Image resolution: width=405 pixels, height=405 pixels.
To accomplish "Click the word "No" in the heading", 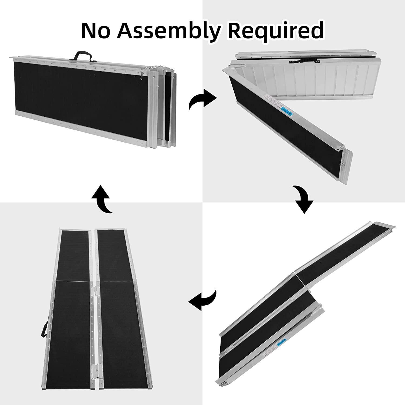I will (x=97, y=30).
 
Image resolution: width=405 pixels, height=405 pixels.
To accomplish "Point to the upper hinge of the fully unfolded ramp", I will (x=93, y=293).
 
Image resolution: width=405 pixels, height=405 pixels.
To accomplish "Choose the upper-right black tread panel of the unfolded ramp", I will (x=115, y=255).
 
